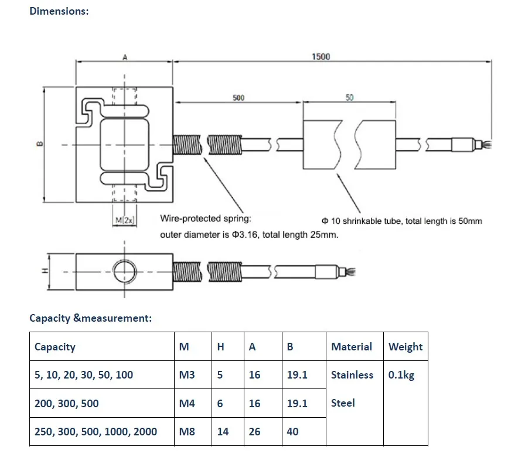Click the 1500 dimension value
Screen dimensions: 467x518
[321, 56]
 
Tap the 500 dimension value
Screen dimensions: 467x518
[238, 98]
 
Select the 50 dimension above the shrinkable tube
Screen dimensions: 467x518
[349, 98]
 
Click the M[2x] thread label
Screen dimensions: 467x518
[124, 220]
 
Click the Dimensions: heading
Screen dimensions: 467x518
[59, 11]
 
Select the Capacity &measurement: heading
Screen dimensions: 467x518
[91, 318]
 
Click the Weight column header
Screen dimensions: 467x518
[405, 347]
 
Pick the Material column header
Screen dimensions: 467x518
[351, 347]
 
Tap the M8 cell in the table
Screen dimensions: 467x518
[187, 432]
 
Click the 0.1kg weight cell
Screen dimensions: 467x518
[401, 375]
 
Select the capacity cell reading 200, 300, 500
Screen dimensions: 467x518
[67, 404]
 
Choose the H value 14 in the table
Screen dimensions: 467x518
[223, 432]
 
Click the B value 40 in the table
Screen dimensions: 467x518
[292, 432]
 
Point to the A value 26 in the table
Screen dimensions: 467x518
[254, 432]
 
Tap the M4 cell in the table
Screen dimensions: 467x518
[187, 404]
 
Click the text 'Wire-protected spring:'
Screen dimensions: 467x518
[206, 219]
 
